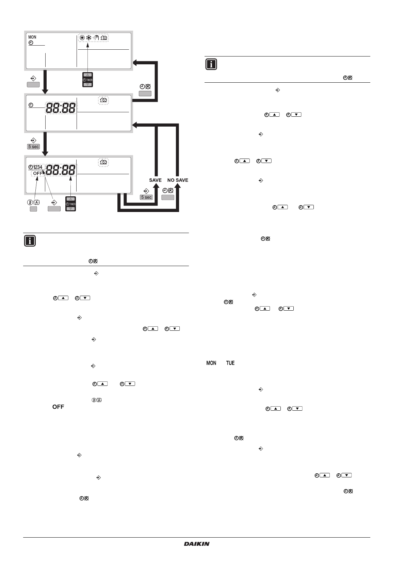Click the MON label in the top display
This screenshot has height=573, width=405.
coord(32,37)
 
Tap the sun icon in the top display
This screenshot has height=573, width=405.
coord(82,38)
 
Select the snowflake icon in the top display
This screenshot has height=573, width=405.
coord(89,38)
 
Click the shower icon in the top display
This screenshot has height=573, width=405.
coord(96,38)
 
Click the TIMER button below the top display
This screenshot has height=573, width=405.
coord(88,80)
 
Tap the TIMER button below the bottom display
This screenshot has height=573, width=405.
coord(70,204)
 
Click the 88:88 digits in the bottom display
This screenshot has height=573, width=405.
coord(61,170)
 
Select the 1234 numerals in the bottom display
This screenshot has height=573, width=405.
coord(38,167)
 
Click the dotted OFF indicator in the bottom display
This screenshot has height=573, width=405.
coord(38,173)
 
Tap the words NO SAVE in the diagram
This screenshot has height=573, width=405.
coord(178,180)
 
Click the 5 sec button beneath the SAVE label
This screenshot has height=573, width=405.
coord(146,197)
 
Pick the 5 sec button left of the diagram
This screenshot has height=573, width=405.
coord(33,147)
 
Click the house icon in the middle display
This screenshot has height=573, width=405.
coord(104,100)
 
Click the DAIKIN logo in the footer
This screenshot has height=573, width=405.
coord(197,544)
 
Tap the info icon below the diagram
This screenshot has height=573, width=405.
coord(30,241)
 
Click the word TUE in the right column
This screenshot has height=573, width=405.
coord(230,363)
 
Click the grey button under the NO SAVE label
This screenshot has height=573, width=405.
coord(168,197)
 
